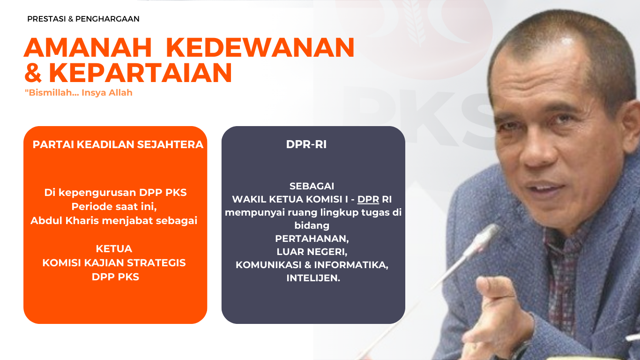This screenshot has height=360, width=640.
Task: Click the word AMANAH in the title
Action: [88, 47]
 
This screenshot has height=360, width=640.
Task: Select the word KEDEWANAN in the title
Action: [260, 47]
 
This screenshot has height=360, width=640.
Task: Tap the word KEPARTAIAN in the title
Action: [141, 73]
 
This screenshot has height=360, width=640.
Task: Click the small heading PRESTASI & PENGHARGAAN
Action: [83, 19]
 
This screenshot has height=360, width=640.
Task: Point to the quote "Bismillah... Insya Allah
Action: [79, 93]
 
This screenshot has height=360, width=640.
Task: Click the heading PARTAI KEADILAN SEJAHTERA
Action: [118, 144]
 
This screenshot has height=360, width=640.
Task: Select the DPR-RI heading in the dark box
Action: [306, 144]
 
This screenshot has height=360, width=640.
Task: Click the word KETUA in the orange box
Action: [114, 249]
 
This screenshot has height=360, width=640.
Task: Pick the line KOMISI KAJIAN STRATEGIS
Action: [114, 263]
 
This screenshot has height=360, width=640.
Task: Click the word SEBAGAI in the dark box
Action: [312, 186]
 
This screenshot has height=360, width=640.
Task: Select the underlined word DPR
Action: [368, 199]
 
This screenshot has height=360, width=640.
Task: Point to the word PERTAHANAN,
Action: [312, 239]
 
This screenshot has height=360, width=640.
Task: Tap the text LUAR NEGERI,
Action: [312, 252]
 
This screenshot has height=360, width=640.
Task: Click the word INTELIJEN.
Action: [313, 278]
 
